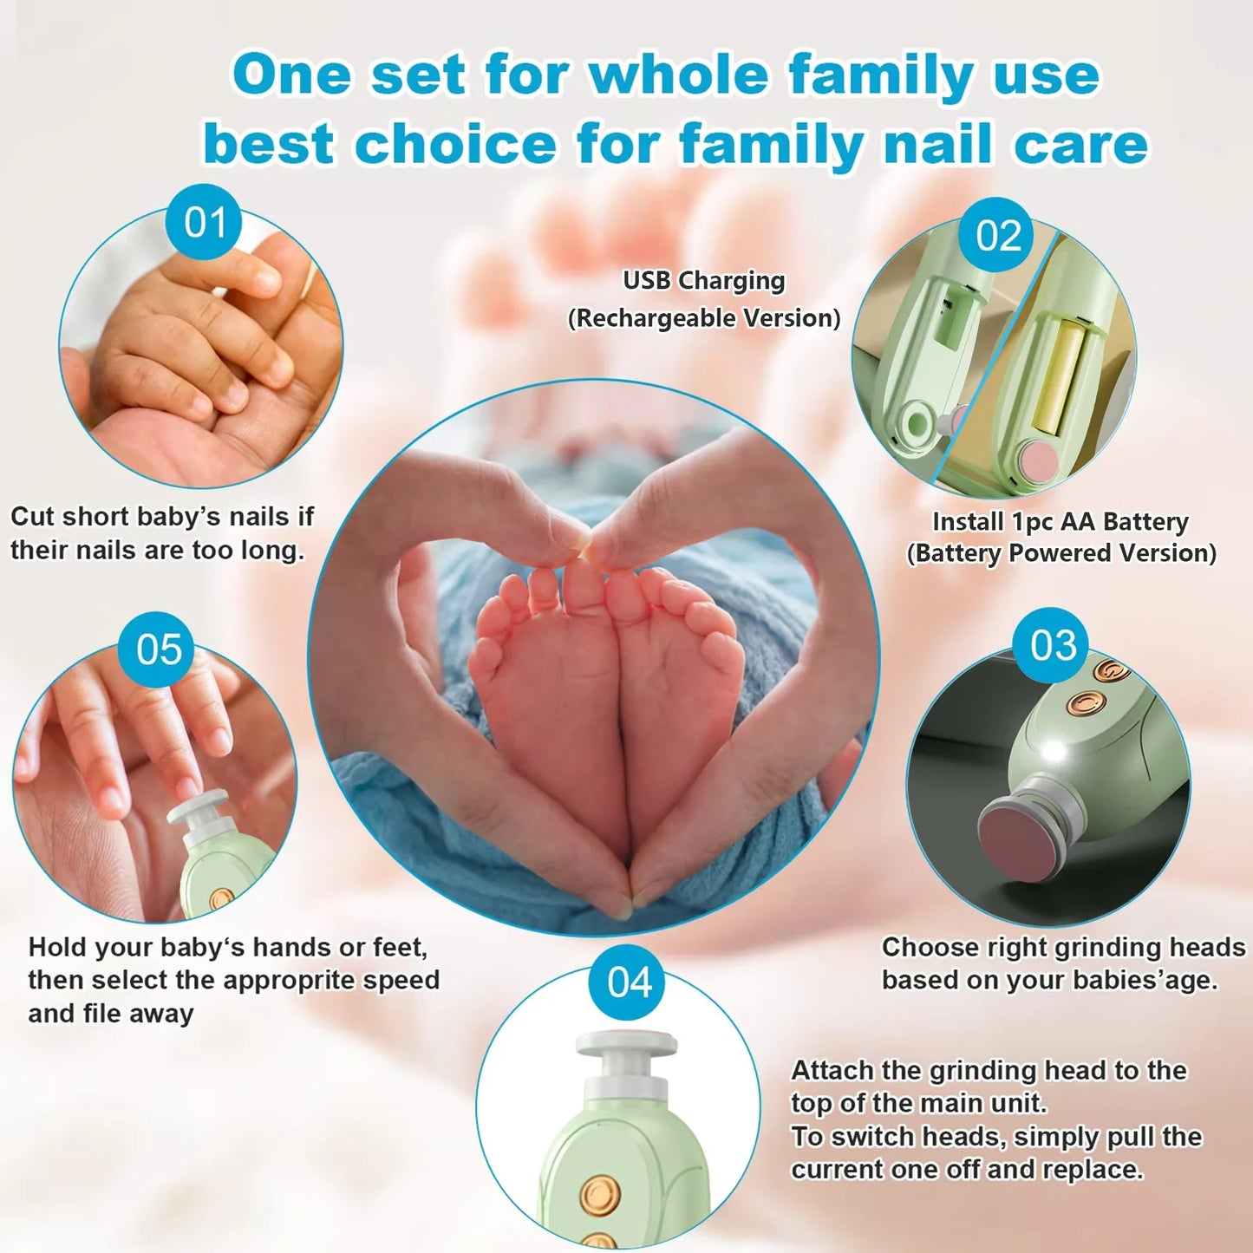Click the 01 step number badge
coord(205,222)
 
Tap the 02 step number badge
coord(997,235)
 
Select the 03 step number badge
coord(1053,645)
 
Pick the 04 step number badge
coord(630,982)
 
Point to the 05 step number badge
coord(159,649)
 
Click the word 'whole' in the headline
coord(678,75)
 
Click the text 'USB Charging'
coord(703,281)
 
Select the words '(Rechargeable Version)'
coord(703,318)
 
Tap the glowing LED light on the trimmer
coord(1054,749)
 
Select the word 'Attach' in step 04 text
coord(832,1071)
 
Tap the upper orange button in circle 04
coord(599,1194)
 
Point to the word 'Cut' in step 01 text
coord(32,517)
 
